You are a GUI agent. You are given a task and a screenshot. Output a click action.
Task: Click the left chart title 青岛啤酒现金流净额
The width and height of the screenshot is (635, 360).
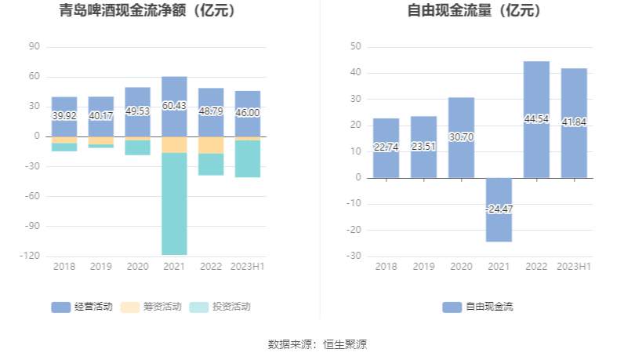click(x=147, y=11)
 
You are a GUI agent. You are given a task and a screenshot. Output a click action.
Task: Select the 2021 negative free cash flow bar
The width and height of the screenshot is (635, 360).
click(x=499, y=209)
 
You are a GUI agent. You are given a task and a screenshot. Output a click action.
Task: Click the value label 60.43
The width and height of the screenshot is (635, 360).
click(x=174, y=105)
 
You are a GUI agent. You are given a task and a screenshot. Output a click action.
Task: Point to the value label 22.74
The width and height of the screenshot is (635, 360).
click(x=386, y=147)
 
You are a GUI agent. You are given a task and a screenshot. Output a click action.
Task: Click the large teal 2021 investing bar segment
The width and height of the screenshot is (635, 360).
click(x=174, y=204)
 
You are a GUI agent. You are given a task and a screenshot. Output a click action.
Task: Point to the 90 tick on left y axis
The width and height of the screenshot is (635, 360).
click(x=34, y=46)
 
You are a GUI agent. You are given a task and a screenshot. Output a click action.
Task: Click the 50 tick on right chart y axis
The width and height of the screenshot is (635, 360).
click(x=355, y=46)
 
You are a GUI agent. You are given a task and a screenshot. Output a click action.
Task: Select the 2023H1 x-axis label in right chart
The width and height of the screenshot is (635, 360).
click(x=574, y=267)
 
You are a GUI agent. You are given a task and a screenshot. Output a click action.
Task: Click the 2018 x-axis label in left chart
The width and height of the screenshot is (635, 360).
click(x=64, y=267)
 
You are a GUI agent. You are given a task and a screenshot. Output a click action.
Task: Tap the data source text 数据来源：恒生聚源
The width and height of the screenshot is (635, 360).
click(x=317, y=344)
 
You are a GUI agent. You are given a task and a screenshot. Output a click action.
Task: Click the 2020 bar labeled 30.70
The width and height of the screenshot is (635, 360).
click(x=461, y=137)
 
